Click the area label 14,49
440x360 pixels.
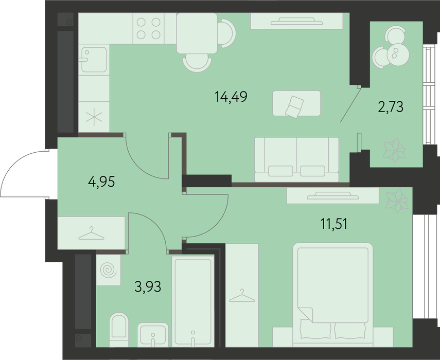231,97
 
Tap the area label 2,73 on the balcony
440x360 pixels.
391,107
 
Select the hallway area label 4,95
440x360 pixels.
101,182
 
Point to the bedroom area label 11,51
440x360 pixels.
334,224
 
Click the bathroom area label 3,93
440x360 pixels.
148,287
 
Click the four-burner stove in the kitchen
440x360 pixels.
148,28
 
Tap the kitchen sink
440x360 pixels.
94,60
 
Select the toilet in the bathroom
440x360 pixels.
119,330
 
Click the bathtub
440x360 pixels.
193,301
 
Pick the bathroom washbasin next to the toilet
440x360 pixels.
153,335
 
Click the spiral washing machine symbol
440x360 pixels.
108,270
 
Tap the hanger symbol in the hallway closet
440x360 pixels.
91,233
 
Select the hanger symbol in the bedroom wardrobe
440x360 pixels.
242,296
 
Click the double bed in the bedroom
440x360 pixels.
333,294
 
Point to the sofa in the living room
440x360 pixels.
296,159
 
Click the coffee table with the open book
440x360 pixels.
296,103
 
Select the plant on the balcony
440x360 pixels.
395,150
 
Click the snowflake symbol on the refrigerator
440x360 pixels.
94,117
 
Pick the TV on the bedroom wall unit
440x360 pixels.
333,195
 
